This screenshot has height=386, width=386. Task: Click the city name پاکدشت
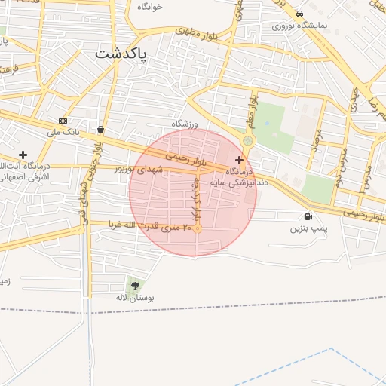tap(122, 55)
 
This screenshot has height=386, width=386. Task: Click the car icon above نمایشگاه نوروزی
tap(300, 14)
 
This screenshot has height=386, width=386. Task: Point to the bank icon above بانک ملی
tap(63, 121)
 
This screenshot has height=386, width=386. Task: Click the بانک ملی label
tap(63, 133)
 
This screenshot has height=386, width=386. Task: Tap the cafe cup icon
tap(100, 129)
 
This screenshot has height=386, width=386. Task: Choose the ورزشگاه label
tap(185, 122)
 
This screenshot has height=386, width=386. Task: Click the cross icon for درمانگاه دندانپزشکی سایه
tap(240, 160)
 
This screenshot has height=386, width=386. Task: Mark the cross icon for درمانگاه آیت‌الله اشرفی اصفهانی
tap(23, 154)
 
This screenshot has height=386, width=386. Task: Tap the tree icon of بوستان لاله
tap(136, 286)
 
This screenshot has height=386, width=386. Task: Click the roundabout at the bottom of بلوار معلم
tap(248, 141)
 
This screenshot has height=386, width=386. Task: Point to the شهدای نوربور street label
tap(139, 170)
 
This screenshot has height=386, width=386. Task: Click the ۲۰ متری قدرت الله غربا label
tap(149, 225)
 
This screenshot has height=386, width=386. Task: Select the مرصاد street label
tap(317, 142)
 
